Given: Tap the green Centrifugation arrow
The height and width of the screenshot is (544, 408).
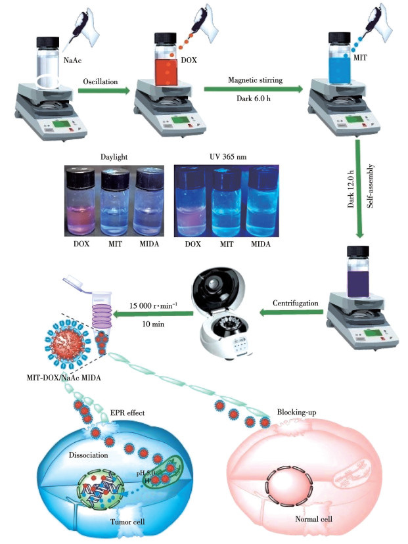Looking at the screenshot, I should pyautogui.click(x=283, y=313).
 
